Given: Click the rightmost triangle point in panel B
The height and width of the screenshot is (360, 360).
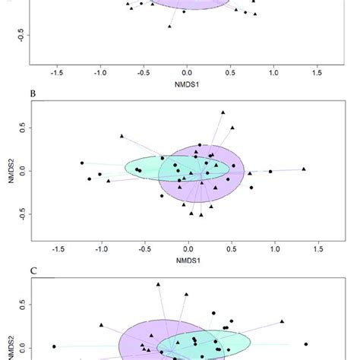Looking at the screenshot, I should click(x=304, y=169).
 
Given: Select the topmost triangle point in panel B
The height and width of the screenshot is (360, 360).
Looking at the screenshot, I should click(x=223, y=112).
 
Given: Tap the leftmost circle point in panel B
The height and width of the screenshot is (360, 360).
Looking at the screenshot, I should click(x=82, y=163).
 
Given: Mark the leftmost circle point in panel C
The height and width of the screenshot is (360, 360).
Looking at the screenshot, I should click(x=54, y=346).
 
